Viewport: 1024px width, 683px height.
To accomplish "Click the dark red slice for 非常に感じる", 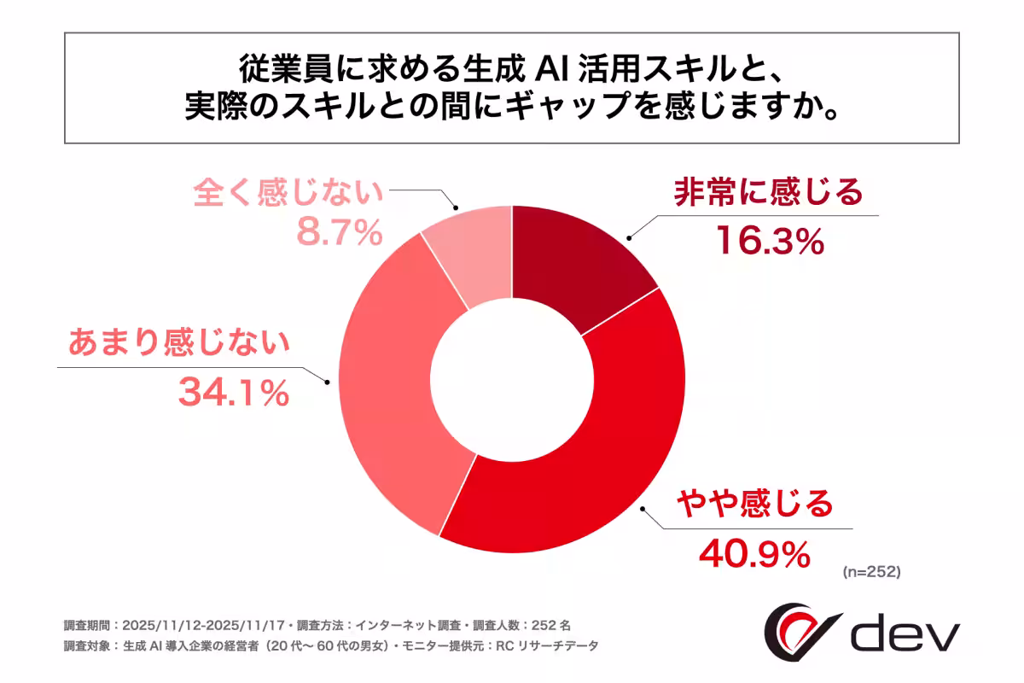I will point(576,265).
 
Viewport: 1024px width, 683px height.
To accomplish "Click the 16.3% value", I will point(768,242).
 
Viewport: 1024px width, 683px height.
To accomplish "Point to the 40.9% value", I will point(753,554).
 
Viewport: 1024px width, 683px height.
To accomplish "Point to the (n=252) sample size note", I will point(870,572).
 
